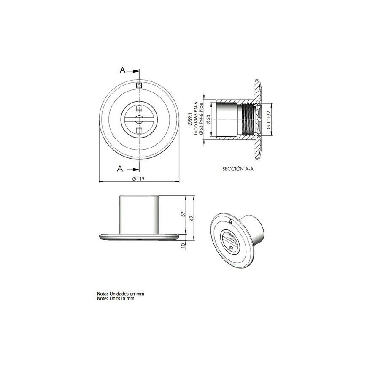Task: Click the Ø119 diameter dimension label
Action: point(138,178)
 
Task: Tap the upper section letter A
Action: point(123,70)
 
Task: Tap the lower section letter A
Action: point(120,168)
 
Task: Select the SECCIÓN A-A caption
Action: point(238,169)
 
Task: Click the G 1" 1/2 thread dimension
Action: point(269,120)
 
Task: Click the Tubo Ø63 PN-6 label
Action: point(195,119)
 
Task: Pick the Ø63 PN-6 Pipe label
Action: point(201,119)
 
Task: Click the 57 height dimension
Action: point(183,214)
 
